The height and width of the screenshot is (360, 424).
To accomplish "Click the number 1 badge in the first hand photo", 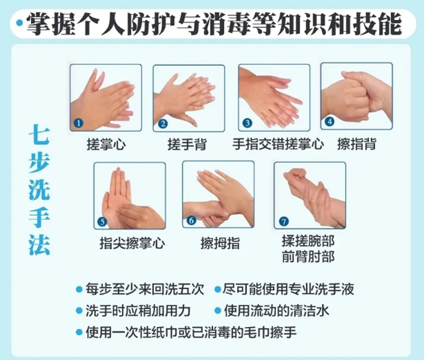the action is [78, 123].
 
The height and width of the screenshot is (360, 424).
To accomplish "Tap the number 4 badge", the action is [329, 122].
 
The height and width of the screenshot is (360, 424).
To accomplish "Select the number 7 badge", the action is [284, 222].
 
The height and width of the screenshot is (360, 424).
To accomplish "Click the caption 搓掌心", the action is [106, 144].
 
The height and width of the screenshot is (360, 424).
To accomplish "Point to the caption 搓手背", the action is [187, 144].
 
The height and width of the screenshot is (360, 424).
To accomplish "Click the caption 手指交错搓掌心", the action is [278, 144].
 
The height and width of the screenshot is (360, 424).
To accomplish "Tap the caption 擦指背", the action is [356, 144].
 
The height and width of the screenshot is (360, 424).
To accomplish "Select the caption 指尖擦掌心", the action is [132, 243].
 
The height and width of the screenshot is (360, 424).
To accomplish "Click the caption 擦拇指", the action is [220, 243].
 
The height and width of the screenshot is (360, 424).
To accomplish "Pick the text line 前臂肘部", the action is [308, 257].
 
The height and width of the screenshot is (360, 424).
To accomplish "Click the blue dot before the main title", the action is [19, 23].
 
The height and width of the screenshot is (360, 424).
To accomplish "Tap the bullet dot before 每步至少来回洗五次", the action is [79, 290].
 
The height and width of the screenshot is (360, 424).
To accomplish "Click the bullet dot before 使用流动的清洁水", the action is [217, 311].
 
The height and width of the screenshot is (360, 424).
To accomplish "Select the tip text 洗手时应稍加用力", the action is [138, 311].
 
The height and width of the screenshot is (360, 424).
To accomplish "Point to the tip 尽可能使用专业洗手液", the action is [288, 289].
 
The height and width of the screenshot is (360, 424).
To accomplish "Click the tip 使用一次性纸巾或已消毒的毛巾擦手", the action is [191, 332].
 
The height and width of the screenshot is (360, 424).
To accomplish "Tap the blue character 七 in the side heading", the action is [40, 134].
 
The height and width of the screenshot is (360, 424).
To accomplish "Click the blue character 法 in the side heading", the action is [40, 245].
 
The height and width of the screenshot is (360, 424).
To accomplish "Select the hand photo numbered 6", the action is [218, 195].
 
